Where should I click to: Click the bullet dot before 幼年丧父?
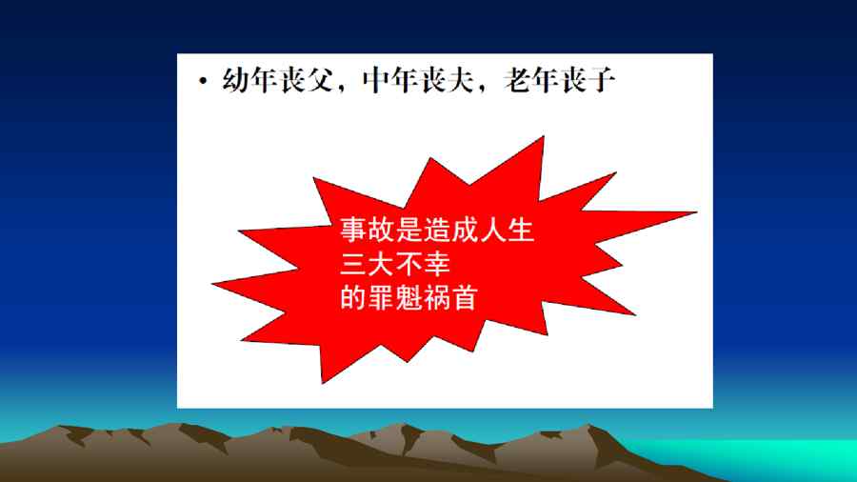pos(204,82)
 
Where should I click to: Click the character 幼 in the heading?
pos(235,80)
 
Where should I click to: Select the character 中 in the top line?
pos(376,80)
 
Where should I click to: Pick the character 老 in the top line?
pos(516,80)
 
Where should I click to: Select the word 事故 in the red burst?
pos(368,230)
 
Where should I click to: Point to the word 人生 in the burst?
pos(507,230)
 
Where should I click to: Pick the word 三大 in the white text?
pos(368,264)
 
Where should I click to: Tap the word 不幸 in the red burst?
pos(423,264)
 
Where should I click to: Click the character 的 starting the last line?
pos(353,298)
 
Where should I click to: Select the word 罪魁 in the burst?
pos(394,298)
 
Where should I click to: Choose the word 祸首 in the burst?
pos(450,298)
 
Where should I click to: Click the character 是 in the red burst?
pos(409,230)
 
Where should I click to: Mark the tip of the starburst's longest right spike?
pos(697,212)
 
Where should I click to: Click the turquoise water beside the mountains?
pos(766,453)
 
